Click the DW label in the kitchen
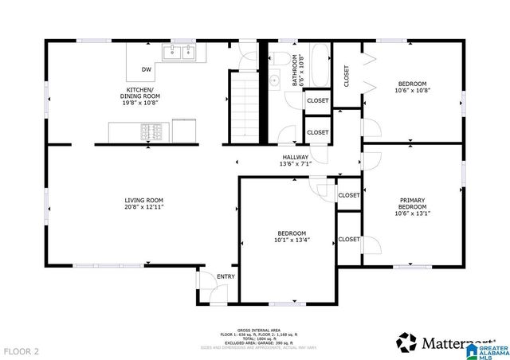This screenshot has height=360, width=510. [x=147, y=69]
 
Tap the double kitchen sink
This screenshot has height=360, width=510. [x=180, y=53]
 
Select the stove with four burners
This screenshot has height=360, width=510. [x=153, y=129]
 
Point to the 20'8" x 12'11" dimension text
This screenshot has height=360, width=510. [x=143, y=207]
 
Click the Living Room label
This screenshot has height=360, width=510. [x=143, y=200]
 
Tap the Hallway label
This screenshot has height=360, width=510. [x=294, y=158]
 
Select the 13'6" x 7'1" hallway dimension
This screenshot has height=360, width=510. [x=294, y=165]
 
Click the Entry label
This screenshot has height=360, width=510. [x=226, y=276]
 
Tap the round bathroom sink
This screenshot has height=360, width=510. [x=274, y=80]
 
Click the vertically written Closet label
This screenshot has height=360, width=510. [x=347, y=76]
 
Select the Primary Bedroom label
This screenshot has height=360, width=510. [x=412, y=204]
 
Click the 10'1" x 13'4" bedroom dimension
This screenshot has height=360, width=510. [x=292, y=239]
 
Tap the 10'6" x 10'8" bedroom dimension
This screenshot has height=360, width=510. [x=412, y=91]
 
